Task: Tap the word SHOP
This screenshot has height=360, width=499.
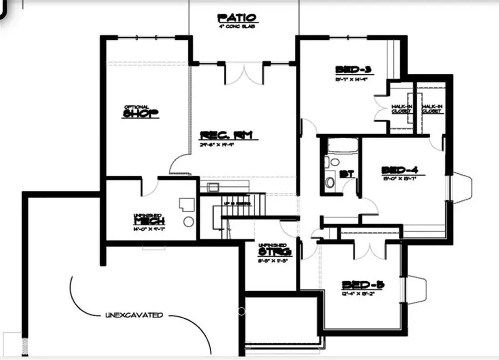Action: pos(141,114)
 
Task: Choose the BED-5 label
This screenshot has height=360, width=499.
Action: pos(363,285)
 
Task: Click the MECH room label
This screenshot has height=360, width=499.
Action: pos(149,221)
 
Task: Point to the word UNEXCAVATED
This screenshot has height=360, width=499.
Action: pos(134,315)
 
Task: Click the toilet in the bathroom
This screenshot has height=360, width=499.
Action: pos(330,181)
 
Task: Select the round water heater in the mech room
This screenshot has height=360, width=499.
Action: pos(189,222)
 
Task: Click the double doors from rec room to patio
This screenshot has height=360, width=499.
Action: pos(244,73)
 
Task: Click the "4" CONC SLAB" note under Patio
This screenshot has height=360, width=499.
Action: pos(237,26)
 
